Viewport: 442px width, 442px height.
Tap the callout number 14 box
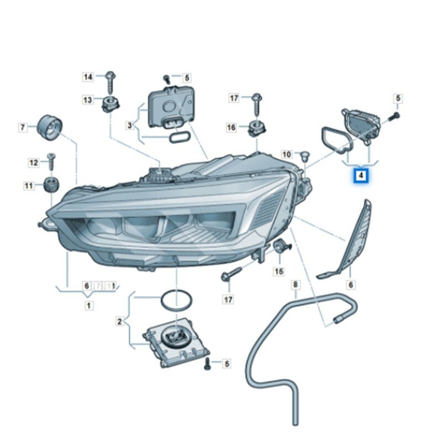(88, 77)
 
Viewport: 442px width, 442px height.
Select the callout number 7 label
(23, 128)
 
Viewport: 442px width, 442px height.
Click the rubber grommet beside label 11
(51, 184)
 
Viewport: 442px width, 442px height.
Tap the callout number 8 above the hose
(296, 285)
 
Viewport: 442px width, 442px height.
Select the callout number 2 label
(119, 321)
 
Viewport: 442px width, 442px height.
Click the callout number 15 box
(279, 271)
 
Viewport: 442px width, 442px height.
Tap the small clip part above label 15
(281, 247)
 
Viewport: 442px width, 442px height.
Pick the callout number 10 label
(286, 154)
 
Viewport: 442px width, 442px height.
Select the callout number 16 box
(231, 128)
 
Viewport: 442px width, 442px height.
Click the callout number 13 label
(88, 100)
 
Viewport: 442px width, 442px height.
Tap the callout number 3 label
(130, 126)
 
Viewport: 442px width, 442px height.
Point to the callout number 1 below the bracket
(88, 305)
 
